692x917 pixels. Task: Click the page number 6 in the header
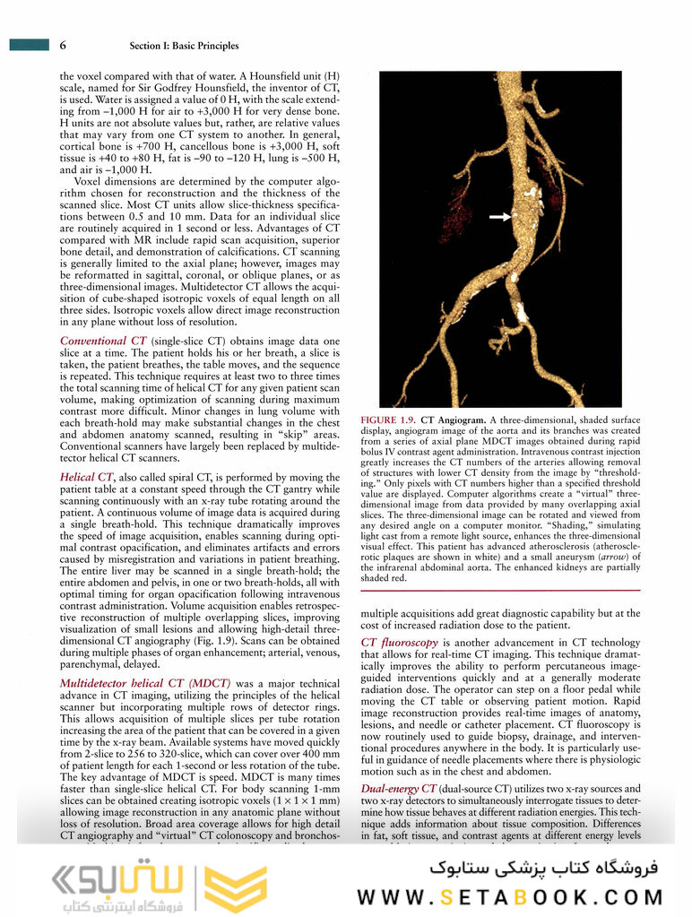63,45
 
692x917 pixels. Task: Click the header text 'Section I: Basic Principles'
184,46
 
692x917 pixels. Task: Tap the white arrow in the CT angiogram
499,217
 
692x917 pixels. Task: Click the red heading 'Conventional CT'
103,342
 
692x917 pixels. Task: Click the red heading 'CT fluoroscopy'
399,643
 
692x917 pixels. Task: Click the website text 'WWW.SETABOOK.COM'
510,896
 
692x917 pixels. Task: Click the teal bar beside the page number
28,45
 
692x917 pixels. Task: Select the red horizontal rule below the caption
500,590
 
